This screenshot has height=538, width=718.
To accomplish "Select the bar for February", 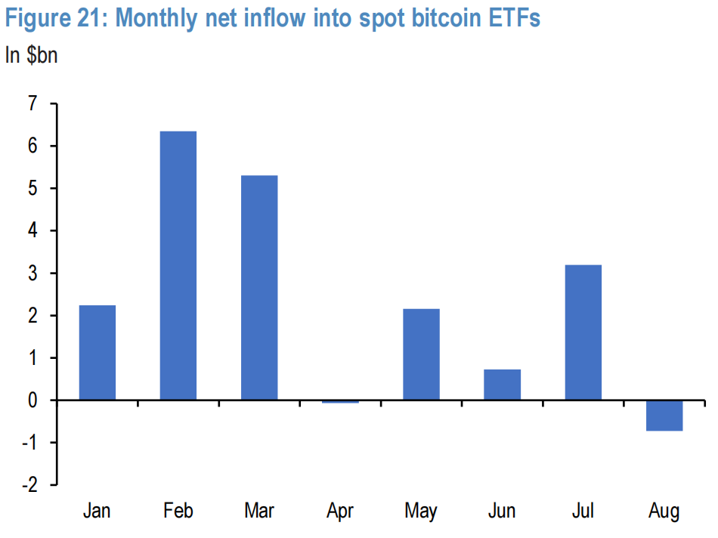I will click(x=178, y=265).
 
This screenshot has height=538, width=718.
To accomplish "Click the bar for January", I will click(x=97, y=352).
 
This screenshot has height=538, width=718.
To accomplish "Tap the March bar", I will click(x=259, y=287).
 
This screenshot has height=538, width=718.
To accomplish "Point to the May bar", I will click(x=421, y=354).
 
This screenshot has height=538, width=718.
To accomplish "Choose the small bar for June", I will click(x=502, y=385).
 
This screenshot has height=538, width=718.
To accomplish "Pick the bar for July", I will click(x=583, y=332).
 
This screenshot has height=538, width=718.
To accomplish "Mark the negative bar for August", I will click(x=664, y=415).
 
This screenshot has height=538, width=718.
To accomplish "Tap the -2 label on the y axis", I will click(x=29, y=484).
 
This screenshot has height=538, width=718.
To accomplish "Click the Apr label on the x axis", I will click(x=340, y=512).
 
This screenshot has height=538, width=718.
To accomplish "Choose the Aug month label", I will click(x=664, y=512).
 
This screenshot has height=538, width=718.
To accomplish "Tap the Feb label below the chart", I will click(x=178, y=512).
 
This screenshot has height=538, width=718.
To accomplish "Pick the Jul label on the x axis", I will click(x=583, y=512).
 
